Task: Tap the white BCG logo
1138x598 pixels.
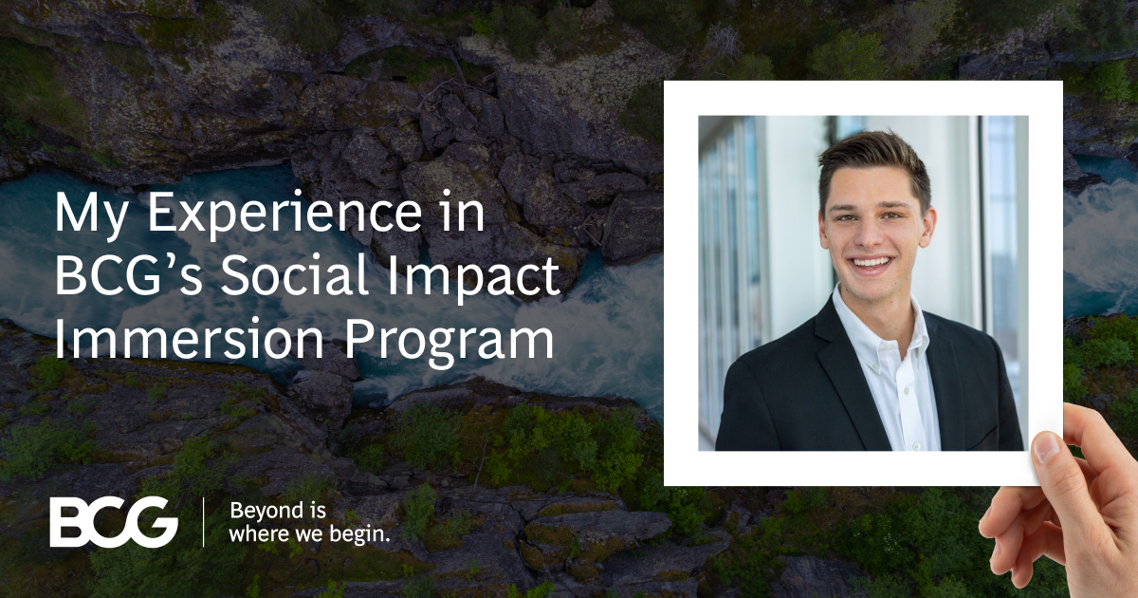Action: click(x=114, y=522)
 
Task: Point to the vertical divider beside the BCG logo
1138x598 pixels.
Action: click(x=204, y=522)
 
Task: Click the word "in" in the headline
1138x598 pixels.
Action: click(x=463, y=216)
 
